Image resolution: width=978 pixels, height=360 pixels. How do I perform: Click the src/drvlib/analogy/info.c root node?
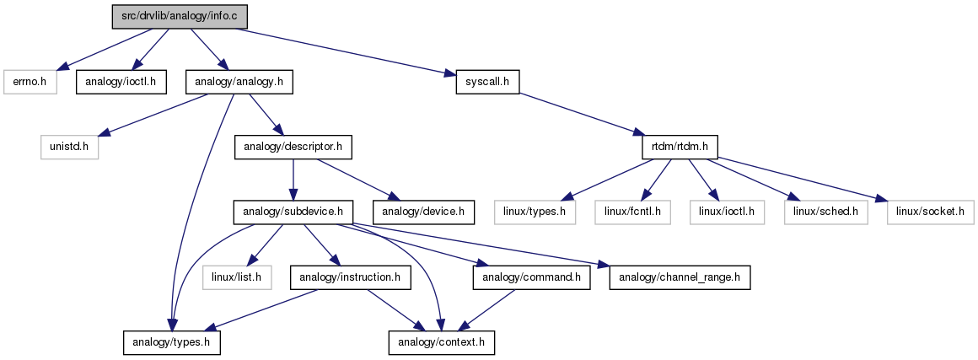click(180, 17)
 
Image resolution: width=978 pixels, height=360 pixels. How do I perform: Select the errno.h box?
click(30, 83)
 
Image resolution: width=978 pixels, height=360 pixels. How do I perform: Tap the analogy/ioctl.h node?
click(121, 83)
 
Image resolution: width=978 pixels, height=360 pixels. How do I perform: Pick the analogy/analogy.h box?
click(239, 83)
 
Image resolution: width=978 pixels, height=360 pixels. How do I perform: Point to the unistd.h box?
click(70, 148)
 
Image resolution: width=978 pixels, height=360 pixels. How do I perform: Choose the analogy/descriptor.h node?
click(293, 148)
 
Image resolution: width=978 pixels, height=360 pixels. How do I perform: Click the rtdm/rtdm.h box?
click(680, 148)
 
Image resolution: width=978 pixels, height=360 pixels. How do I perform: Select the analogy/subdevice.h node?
click(293, 212)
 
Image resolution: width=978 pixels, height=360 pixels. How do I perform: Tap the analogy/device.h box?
click(423, 212)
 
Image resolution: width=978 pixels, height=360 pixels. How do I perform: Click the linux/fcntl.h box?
click(632, 212)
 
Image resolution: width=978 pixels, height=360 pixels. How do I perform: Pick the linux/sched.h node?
click(825, 212)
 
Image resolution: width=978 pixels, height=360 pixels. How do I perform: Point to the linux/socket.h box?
click(930, 212)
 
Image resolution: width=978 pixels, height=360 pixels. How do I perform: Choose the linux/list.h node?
click(237, 277)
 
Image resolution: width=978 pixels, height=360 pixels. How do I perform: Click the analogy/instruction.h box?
click(351, 277)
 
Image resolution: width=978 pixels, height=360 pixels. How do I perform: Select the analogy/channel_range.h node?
click(680, 277)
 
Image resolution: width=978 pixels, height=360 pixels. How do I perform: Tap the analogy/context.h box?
click(442, 343)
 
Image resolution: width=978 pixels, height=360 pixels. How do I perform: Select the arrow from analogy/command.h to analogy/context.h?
click(489, 310)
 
